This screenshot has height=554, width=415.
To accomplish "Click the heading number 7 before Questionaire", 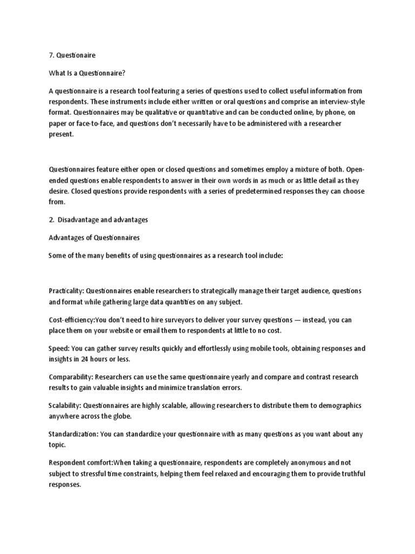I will pyautogui.click(x=51, y=55).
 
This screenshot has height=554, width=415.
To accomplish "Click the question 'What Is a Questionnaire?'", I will pyautogui.click(x=87, y=73).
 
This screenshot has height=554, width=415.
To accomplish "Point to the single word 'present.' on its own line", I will pyautogui.click(x=60, y=135).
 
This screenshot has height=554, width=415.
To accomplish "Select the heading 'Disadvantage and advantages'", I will pyautogui.click(x=103, y=220).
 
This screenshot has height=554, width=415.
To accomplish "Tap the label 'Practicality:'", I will pyautogui.click(x=66, y=291).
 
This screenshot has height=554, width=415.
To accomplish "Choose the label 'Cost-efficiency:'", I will pyautogui.click(x=72, y=320).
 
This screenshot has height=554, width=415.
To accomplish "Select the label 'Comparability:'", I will pyautogui.click(x=72, y=377).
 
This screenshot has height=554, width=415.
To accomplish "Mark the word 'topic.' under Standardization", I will pyautogui.click(x=58, y=445).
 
